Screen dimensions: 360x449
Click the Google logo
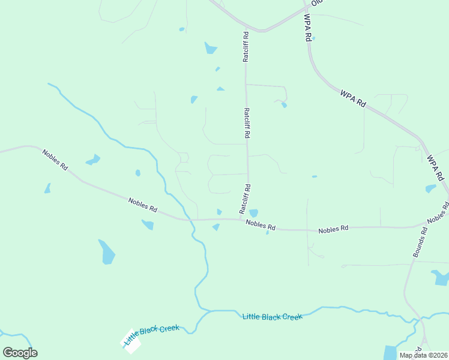click(20, 353)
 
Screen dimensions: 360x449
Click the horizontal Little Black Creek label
click(272, 316)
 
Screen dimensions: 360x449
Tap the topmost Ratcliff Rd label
click(246, 46)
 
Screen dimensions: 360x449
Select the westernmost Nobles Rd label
click(55, 159)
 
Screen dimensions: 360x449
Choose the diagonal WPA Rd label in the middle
click(352, 98)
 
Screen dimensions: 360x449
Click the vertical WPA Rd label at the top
click(307, 27)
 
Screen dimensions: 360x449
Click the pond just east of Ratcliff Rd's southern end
click(253, 213)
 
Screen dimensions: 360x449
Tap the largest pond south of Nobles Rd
click(107, 253)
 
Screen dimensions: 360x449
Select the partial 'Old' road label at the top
click(316, 2)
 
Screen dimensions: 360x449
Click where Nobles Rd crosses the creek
click(191, 220)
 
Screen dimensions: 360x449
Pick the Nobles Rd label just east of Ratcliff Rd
click(261, 226)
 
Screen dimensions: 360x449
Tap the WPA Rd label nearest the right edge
click(435, 168)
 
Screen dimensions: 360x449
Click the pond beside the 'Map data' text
click(390, 352)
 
